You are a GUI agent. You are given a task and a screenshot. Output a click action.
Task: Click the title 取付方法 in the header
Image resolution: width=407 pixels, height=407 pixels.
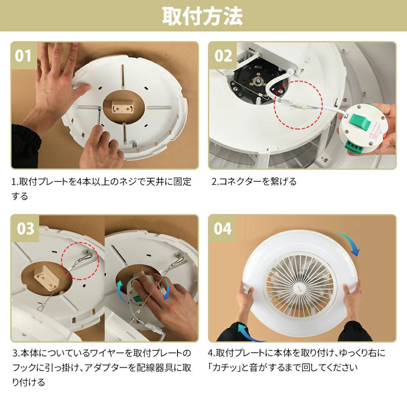(203, 16)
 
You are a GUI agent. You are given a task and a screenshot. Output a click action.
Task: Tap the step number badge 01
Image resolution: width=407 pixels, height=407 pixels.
(24, 56)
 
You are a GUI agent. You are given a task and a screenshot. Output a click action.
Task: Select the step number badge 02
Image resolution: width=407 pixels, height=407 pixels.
(223, 56)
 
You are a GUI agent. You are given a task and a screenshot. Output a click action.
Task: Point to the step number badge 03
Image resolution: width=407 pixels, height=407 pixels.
(25, 229)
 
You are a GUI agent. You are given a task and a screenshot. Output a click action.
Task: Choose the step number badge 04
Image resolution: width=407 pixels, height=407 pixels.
(223, 229)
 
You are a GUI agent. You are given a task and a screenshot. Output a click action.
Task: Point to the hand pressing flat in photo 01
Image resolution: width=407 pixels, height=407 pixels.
(57, 75)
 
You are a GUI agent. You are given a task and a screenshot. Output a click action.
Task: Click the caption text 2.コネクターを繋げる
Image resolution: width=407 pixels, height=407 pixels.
(254, 181)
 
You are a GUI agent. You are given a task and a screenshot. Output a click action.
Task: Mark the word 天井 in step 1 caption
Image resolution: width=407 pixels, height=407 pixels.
(156, 182)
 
